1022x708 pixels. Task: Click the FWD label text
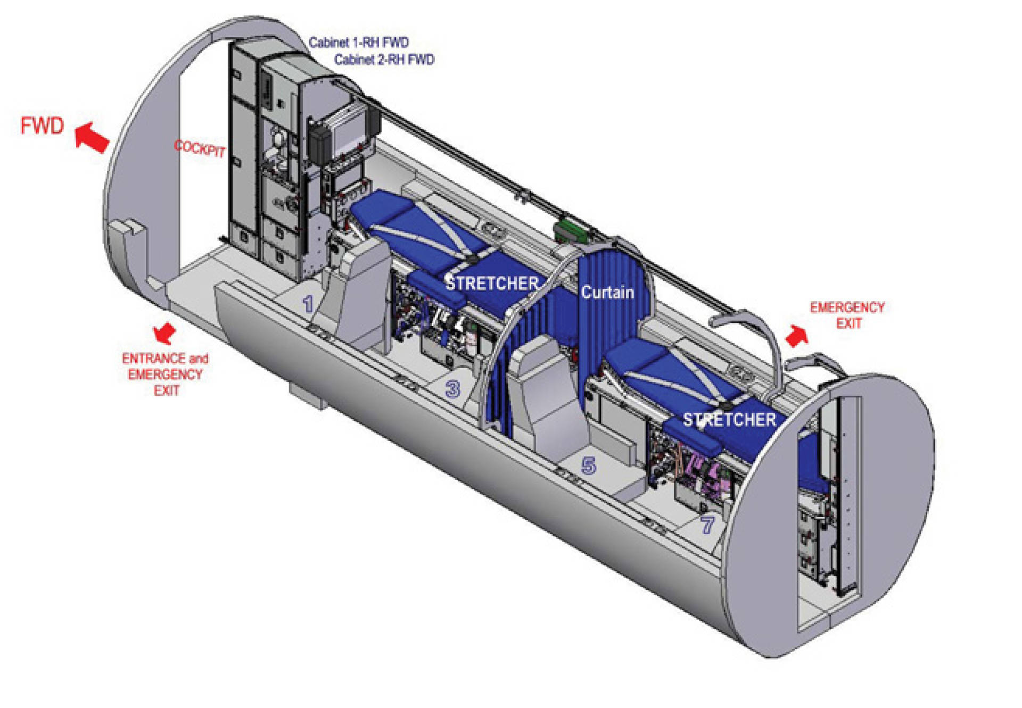[x=42, y=126]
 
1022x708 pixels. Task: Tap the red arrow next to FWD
[x=92, y=137]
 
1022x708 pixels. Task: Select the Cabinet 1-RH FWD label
[x=359, y=43]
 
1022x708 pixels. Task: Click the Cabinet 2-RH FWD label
[x=384, y=60]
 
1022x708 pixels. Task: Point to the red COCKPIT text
[x=200, y=148]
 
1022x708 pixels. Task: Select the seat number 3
[x=452, y=389]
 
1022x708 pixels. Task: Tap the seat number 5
[x=588, y=466]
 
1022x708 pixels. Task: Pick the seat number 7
[x=707, y=524]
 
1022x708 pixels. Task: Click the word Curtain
[x=607, y=292]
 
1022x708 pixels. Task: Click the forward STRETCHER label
[x=492, y=284]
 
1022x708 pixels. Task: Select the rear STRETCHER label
[x=729, y=420]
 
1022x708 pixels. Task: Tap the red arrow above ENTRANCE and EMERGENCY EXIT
[x=164, y=332]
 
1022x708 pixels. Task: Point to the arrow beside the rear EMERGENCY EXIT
[x=797, y=336]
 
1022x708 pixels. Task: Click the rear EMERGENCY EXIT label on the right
[x=847, y=315]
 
